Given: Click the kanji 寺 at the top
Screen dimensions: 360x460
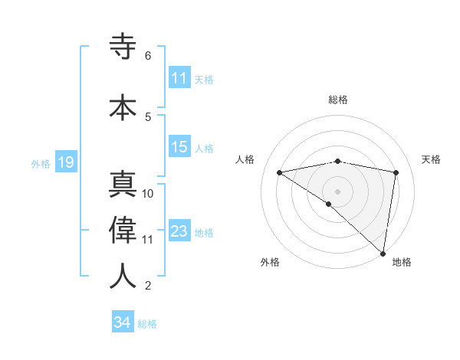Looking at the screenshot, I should coord(123,47).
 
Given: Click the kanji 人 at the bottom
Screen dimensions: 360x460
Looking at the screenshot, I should coord(123,276).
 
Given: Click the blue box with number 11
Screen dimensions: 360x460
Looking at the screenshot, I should coord(179,77).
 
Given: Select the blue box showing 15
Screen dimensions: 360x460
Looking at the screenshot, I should coord(179,147).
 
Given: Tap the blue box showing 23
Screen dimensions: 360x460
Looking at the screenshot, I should coord(179,231).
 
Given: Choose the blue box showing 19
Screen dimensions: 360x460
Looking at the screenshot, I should coord(65,162).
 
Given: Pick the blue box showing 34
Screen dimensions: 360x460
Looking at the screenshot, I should coord(122,322).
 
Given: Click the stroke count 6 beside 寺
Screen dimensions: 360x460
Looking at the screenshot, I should coord(148,56).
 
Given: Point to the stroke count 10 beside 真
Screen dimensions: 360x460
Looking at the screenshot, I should coord(148,194).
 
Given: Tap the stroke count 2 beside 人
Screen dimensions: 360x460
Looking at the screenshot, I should coord(148,286).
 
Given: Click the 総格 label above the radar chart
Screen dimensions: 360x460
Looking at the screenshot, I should coord(338,100).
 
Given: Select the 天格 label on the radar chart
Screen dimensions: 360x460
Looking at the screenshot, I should coord(432,159).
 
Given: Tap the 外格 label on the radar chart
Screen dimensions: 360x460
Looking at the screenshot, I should coord(270,262).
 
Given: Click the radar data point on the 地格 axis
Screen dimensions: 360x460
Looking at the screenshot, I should coord(383,253).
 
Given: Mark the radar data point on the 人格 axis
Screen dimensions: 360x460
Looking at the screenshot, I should coord(280,172).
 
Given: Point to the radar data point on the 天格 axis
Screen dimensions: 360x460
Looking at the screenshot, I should coord(396,172).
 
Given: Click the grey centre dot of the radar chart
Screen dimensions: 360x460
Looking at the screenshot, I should coord(337,191).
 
